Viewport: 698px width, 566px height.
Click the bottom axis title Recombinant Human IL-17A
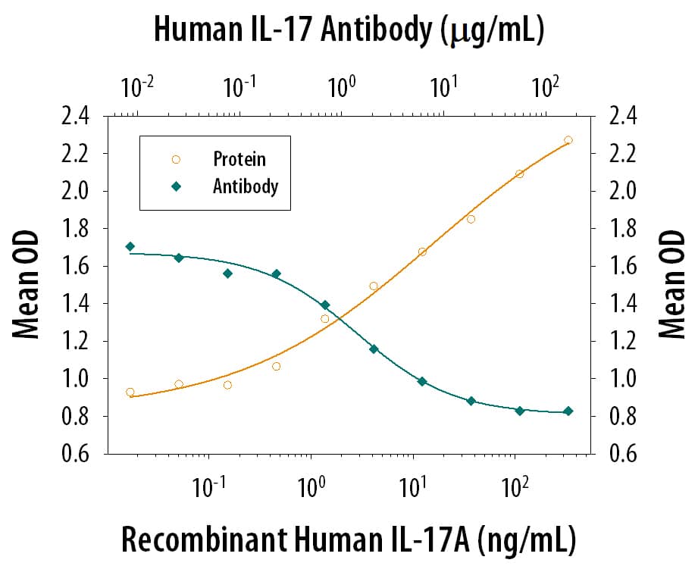(349, 539)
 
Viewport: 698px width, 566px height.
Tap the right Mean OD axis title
(671, 285)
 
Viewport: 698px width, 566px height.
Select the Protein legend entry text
(239, 159)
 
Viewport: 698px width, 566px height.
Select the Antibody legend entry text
(245, 186)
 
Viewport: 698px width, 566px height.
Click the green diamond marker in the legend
(176, 186)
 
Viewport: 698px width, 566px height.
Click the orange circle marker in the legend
(176, 159)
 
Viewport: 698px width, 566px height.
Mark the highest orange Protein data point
(568, 140)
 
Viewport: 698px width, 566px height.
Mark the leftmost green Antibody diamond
(130, 246)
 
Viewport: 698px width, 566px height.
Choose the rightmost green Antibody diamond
(568, 411)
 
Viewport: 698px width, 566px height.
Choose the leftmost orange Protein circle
(130, 392)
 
